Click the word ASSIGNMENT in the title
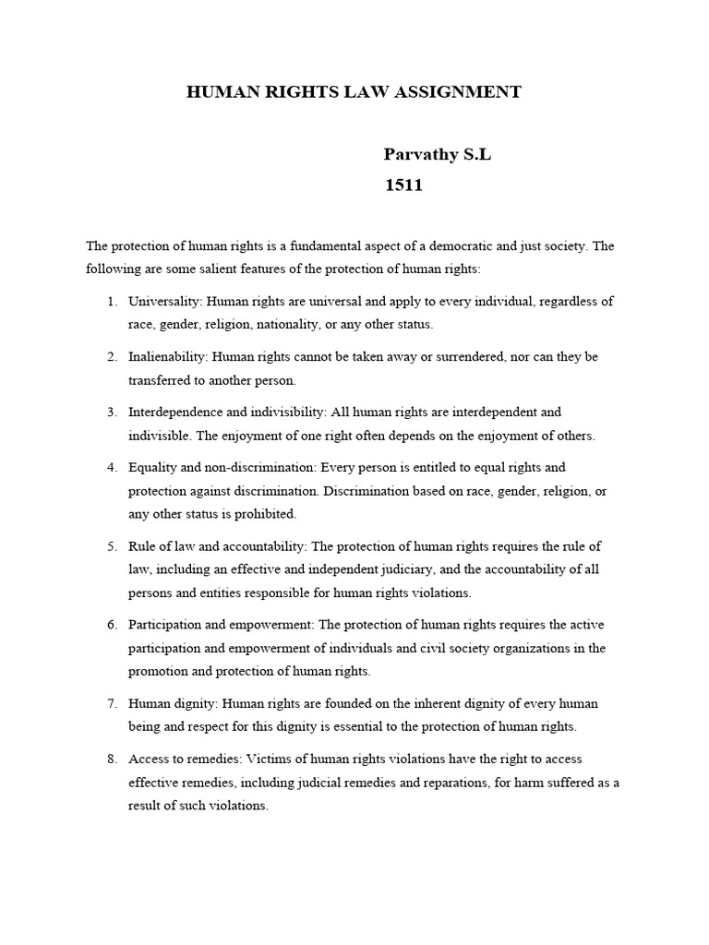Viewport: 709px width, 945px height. click(x=459, y=91)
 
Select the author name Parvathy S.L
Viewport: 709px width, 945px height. click(x=437, y=155)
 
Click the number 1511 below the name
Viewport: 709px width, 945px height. click(x=403, y=185)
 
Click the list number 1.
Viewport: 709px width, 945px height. click(x=111, y=302)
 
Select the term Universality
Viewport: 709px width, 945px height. click(x=164, y=302)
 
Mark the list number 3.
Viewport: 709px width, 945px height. click(x=111, y=413)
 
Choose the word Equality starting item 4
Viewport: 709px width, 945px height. click(x=153, y=468)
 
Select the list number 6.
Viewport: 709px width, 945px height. click(x=111, y=625)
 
